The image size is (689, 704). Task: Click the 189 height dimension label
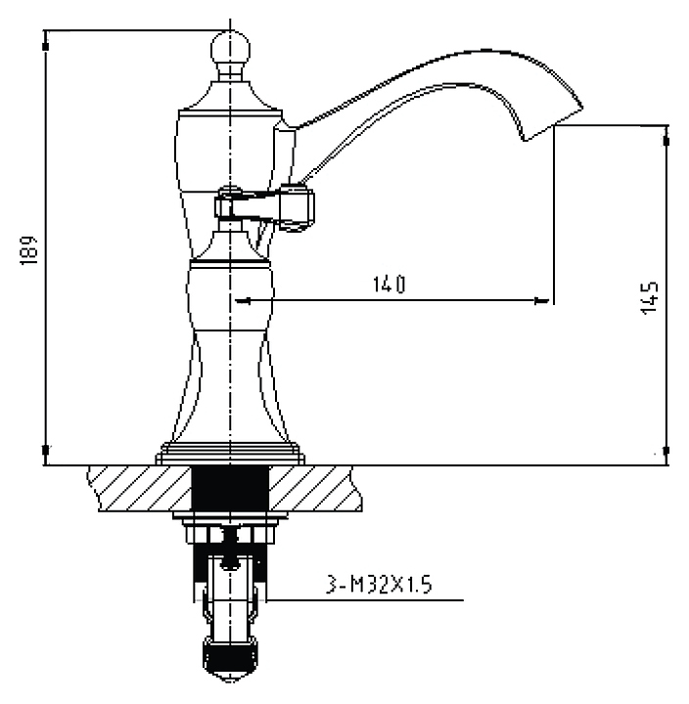coord(28,250)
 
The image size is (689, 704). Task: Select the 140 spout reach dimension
coord(390,285)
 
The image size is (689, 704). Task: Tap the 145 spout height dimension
coord(650,297)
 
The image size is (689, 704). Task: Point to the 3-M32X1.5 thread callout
coord(379,585)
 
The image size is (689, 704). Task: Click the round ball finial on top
coord(230,48)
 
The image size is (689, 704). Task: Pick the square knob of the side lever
coord(298,207)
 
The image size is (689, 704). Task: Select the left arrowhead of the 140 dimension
coord(243,301)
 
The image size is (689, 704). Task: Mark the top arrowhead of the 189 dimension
coord(45,44)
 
